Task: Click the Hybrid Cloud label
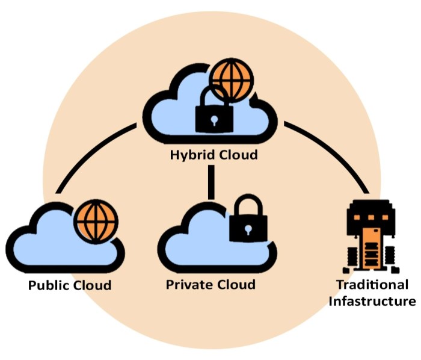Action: (x=213, y=155)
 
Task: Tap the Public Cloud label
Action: (x=70, y=284)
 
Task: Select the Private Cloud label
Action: (x=210, y=284)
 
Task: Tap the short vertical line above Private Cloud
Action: (x=210, y=182)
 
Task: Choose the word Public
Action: (x=49, y=284)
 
